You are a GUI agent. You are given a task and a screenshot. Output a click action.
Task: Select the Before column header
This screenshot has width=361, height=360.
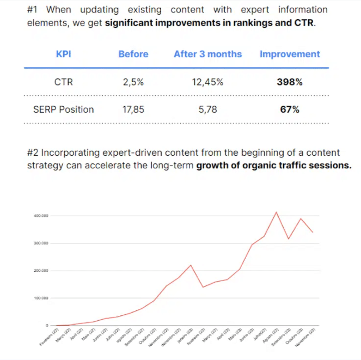(x=133, y=54)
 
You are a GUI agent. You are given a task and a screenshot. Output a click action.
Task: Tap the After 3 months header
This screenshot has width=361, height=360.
(x=207, y=54)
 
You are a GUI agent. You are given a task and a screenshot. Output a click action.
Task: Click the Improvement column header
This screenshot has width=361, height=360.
(x=290, y=54)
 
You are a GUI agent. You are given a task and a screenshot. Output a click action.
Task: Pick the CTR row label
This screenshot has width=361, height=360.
(x=63, y=82)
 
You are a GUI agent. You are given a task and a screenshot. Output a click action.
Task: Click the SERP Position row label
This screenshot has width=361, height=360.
(x=63, y=109)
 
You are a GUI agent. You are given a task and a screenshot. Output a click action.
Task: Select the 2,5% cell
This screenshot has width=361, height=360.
(x=133, y=82)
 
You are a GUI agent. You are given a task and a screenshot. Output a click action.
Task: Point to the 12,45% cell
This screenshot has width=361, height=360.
(x=207, y=82)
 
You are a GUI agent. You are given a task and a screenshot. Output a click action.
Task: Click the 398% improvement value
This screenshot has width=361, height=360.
(x=290, y=82)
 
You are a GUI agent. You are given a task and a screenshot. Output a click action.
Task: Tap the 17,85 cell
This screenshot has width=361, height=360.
(x=133, y=109)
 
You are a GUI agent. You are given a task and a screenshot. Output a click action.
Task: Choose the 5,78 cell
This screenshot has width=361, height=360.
(x=207, y=109)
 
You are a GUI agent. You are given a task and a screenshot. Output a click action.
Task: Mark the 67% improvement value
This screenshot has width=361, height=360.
(x=290, y=109)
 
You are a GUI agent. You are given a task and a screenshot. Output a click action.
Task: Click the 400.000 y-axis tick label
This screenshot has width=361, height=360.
(x=41, y=216)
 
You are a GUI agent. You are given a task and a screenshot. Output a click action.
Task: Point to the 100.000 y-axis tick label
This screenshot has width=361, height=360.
(x=41, y=298)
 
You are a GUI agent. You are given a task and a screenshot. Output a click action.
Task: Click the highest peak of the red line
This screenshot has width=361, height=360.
(x=277, y=212)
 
